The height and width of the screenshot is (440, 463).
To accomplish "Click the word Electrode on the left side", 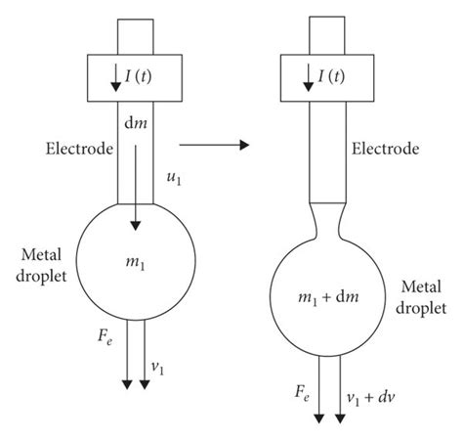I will (x=78, y=150).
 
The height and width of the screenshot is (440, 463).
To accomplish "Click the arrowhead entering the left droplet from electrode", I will (x=137, y=225).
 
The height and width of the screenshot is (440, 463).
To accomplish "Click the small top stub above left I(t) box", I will (x=137, y=36).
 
